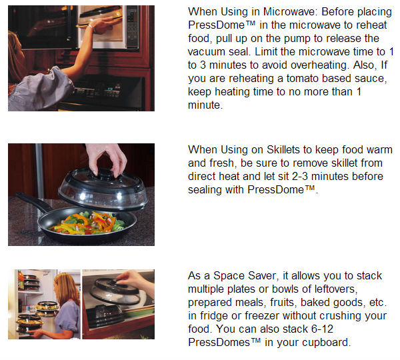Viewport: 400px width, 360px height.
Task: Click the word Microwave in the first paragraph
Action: pos(291,12)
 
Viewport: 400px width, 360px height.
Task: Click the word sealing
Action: pos(205,190)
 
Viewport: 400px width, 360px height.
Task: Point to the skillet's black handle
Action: pos(33,201)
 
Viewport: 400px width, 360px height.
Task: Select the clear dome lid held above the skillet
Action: pos(103,189)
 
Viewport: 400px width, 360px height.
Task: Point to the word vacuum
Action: pos(207,52)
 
